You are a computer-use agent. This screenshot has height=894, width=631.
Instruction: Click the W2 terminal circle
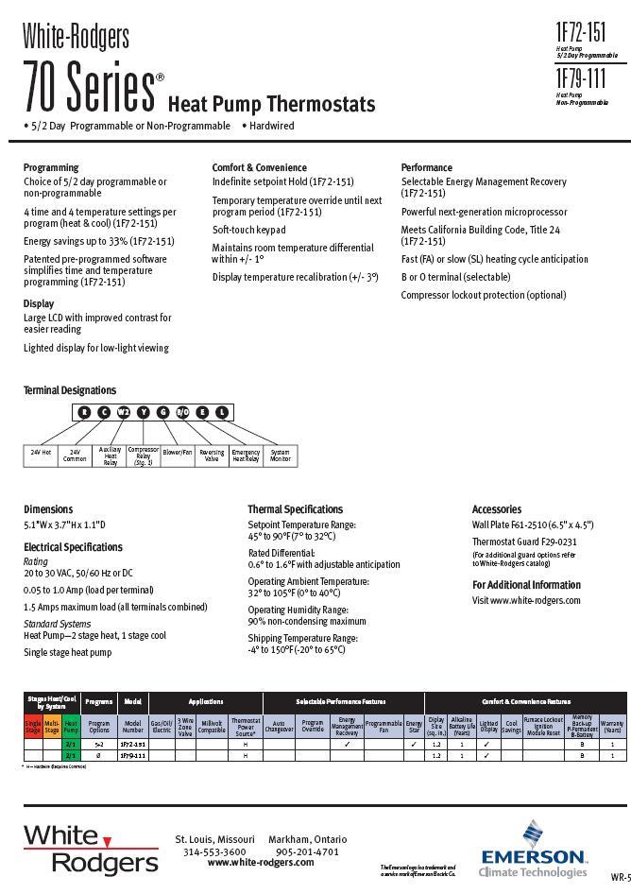click(123, 412)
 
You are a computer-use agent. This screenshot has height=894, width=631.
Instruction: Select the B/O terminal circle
click(182, 412)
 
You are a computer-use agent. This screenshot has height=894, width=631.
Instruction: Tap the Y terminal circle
click(143, 412)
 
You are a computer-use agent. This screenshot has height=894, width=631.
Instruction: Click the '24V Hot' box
click(41, 454)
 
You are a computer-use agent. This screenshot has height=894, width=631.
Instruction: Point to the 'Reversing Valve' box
click(213, 456)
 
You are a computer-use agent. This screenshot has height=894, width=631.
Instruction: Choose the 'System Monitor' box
click(281, 456)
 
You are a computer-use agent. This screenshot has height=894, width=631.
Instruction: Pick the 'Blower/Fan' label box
click(178, 454)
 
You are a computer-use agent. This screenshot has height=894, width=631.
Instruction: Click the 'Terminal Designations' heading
click(70, 389)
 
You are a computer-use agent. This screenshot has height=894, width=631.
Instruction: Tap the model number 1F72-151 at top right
click(582, 34)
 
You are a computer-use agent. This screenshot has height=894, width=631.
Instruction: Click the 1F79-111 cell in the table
click(132, 756)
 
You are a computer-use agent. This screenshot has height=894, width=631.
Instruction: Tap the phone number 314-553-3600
click(214, 851)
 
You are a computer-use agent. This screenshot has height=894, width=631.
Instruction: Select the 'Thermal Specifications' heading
click(295, 509)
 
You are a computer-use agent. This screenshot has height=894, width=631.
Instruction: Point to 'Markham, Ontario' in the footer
click(307, 839)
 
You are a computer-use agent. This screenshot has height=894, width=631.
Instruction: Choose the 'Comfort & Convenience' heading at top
click(259, 167)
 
